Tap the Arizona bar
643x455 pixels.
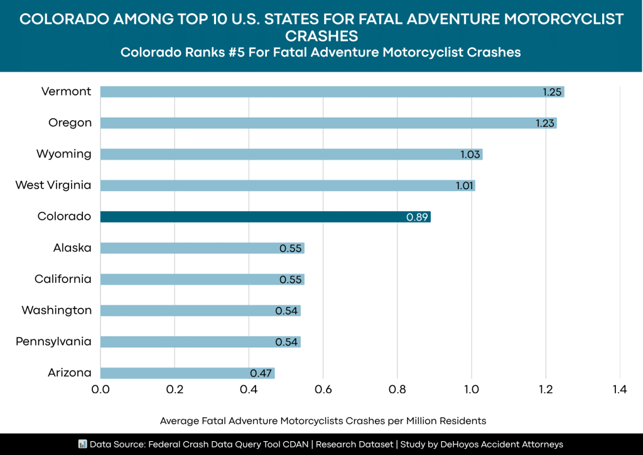pos(187,373)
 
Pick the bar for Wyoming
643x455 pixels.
pos(291,154)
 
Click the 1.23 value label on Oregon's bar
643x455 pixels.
pos(544,123)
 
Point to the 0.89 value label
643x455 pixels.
pos(418,217)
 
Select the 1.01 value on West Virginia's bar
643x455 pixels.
pos(465,185)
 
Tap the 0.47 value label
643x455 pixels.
pos(261,373)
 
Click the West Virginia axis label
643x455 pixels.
pos(53,185)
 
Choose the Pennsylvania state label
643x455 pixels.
pos(53,342)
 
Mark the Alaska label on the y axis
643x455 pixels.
pos(72,248)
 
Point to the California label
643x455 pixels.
pos(63,279)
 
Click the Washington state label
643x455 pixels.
pos(57,310)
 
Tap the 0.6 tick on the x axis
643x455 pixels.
pos(323,390)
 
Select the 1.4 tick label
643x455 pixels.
pos(620,390)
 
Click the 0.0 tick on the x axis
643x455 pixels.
pos(100,390)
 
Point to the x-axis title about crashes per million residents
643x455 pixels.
pos(323,420)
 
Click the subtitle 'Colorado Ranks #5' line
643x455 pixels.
pos(321,52)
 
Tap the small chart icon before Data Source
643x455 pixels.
pos(82,444)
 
